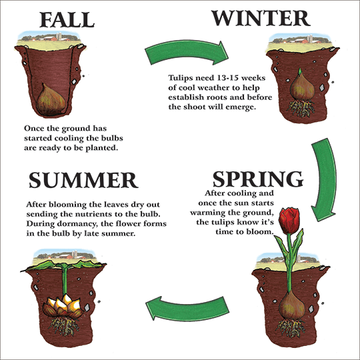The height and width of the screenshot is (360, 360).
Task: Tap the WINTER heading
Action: click(261, 18)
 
